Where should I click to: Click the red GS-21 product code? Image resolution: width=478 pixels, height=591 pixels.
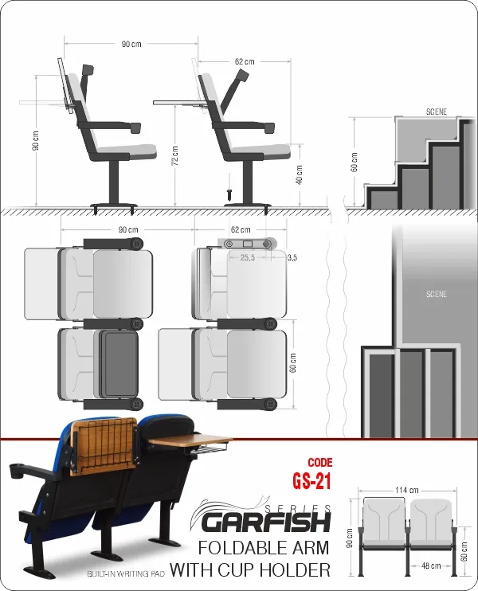[x=311, y=481]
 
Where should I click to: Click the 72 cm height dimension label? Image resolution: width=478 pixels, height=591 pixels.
[x=175, y=155]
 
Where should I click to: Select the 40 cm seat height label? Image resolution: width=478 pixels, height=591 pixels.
[x=299, y=174]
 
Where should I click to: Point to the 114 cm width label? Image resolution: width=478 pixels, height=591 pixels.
[x=407, y=490]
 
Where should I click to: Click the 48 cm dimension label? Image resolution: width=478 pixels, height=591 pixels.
[x=431, y=566]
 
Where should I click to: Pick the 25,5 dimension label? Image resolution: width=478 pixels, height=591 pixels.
[x=247, y=257]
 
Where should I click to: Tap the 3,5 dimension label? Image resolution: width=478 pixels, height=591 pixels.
[x=292, y=257]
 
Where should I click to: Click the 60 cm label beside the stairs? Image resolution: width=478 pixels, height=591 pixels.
[x=354, y=162]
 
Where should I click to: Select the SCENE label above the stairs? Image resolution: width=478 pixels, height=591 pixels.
[x=436, y=112]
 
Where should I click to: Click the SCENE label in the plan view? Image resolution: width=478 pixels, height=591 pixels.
[x=436, y=294]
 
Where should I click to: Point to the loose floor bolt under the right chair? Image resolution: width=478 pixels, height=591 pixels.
[x=229, y=195]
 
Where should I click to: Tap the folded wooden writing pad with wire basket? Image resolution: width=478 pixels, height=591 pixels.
[x=103, y=447]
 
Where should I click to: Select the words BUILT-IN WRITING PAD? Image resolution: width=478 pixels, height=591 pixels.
[x=126, y=574]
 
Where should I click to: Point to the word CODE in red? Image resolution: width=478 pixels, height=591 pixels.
[x=320, y=463]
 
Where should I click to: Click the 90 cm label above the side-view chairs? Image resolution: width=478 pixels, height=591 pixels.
[x=131, y=44]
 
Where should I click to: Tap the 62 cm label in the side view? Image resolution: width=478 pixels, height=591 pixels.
[x=245, y=61]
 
